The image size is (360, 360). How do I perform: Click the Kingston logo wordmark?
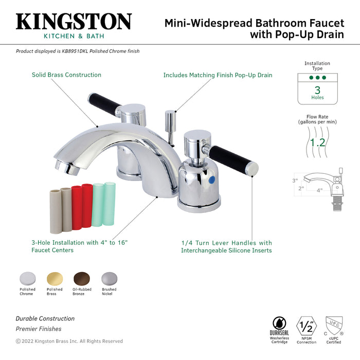74,22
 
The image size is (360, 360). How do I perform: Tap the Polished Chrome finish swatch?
27,279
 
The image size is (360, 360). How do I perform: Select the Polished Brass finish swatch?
55,279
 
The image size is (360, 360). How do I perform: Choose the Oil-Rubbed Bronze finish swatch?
81,279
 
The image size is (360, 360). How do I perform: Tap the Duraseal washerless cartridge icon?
280,324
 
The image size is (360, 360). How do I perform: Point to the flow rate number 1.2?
317,142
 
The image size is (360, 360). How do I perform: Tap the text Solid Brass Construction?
66,75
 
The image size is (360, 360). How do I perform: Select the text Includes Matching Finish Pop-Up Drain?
218,75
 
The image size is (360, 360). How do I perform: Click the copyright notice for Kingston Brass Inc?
69,341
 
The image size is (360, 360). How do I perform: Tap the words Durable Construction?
45,319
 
